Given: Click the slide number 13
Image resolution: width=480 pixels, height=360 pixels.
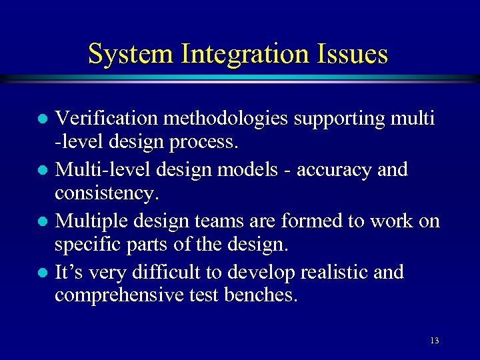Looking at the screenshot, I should [435, 341].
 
